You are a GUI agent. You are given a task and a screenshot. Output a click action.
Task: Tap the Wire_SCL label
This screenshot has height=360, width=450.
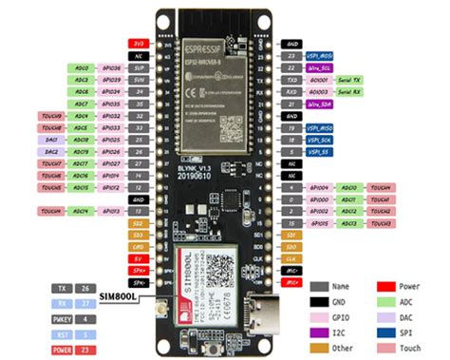(x=319, y=69)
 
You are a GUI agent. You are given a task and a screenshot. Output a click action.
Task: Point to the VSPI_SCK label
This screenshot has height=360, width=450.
(x=320, y=140)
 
